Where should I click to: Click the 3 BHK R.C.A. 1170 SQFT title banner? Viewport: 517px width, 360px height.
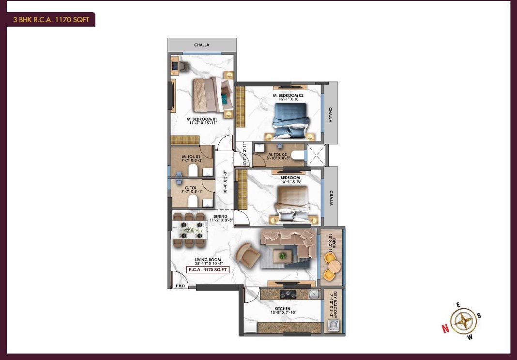pos(51,19)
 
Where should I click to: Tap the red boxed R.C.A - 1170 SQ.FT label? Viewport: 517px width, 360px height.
pos(208,269)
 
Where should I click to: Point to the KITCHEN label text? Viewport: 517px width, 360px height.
pos(283,309)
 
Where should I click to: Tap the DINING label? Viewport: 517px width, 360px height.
pos(220,217)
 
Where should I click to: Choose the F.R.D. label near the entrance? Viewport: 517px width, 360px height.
pos(181,286)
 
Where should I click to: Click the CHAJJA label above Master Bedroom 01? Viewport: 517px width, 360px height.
pos(202,45)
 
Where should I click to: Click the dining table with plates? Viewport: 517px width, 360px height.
pos(190,230)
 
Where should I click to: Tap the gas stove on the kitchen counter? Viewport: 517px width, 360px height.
pos(288,293)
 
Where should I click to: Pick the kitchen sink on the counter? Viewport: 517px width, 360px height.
pos(314,293)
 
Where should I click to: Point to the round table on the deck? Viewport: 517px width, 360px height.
pos(335,266)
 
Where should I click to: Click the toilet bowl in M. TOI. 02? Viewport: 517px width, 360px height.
pos(298,155)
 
